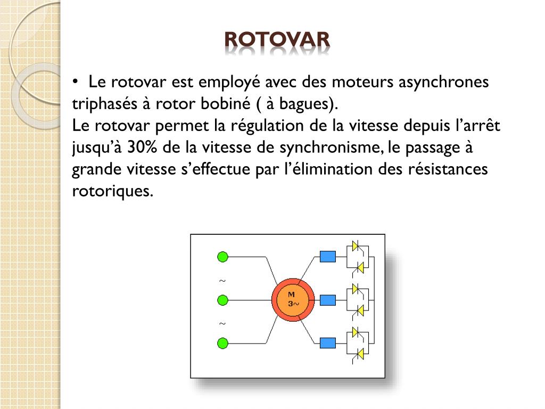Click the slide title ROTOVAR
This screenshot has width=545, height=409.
[x=277, y=39]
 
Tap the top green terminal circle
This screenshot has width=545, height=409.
[x=222, y=257]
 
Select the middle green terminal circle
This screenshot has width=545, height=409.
[x=222, y=300]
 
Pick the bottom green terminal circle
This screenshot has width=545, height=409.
[x=222, y=343]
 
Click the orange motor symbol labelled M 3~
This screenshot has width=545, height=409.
[x=293, y=299]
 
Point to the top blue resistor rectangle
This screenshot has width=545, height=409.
[x=328, y=257]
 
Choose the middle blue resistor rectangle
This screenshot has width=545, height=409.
[x=328, y=300]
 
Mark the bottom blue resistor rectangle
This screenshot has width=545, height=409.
[x=328, y=343]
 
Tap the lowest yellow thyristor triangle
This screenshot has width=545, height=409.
[x=361, y=353]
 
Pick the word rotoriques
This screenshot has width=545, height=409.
[x=112, y=191]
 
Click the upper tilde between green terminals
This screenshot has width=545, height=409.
[x=222, y=281]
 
